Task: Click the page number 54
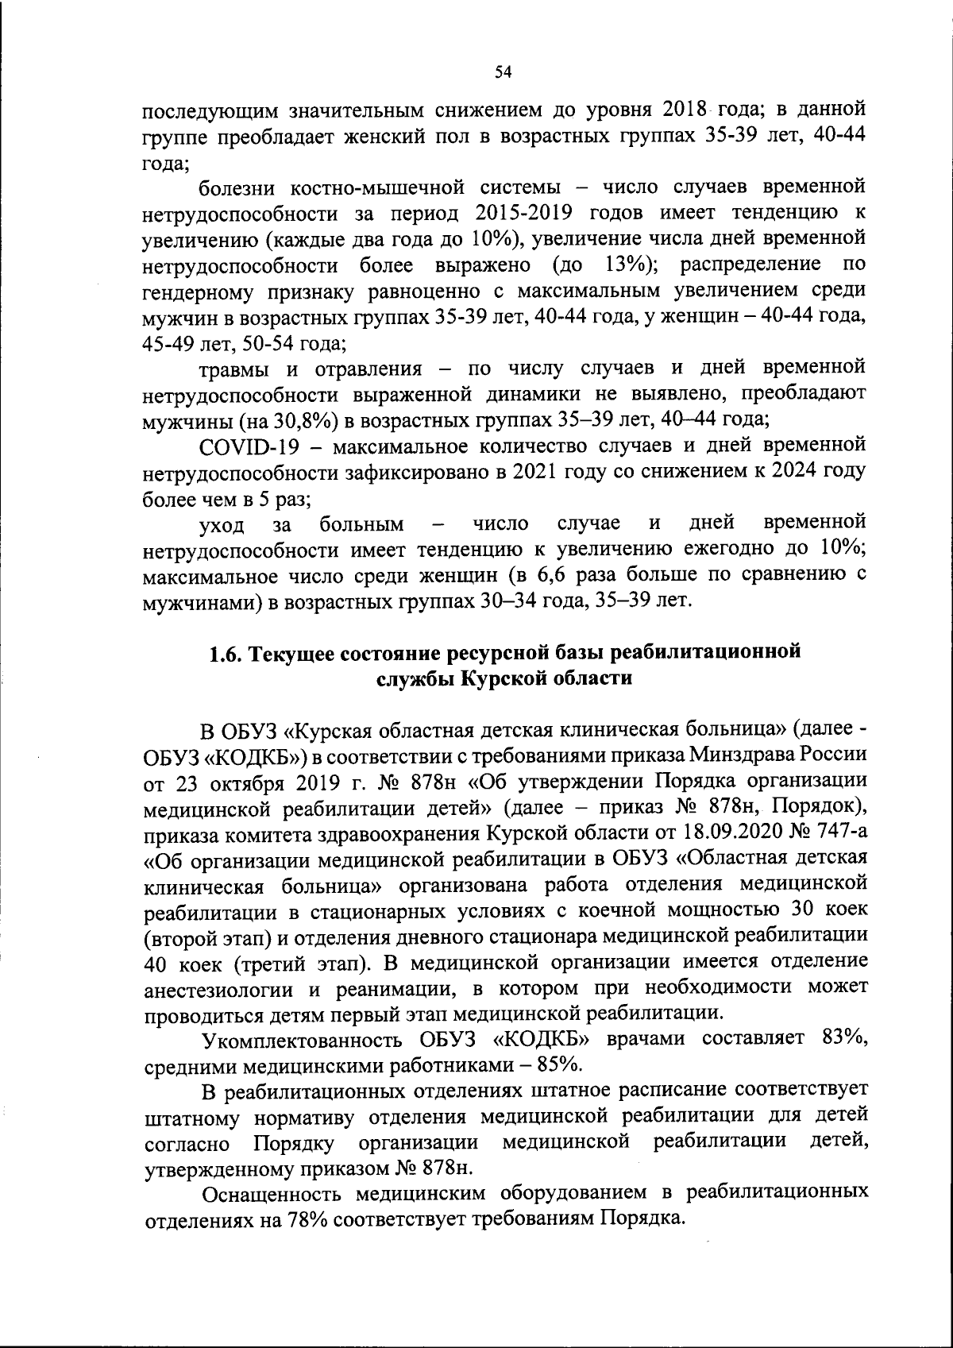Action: (502, 72)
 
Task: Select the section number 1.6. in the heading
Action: (228, 653)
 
